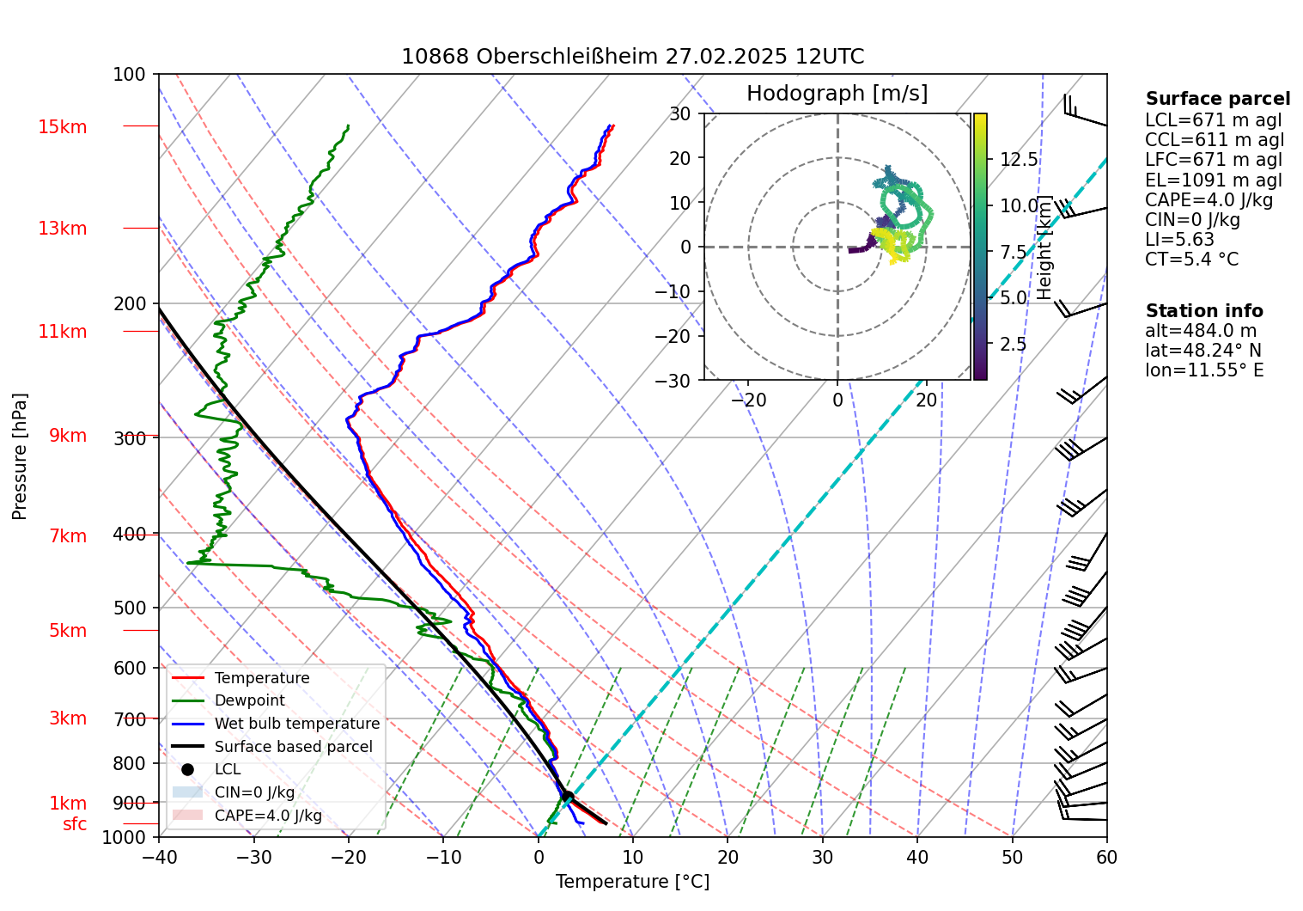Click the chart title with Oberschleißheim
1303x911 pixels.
pyautogui.click(x=632, y=57)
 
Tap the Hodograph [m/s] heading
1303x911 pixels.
pyautogui.click(x=837, y=93)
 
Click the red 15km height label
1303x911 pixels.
pyautogui.click(x=63, y=127)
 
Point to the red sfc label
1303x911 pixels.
pyautogui.click(x=75, y=824)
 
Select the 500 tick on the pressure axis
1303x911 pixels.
pyautogui.click(x=131, y=608)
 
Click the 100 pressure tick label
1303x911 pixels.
pyautogui.click(x=129, y=75)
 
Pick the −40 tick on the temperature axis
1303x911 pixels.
pyautogui.click(x=158, y=857)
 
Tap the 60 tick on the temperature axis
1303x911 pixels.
pyautogui.click(x=1106, y=857)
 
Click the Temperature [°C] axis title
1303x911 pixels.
pyautogui.click(x=632, y=882)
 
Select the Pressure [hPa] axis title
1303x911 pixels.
pyautogui.click(x=20, y=456)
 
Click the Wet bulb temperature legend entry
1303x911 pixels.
pyautogui.click(x=296, y=724)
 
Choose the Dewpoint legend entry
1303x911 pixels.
pyautogui.click(x=249, y=700)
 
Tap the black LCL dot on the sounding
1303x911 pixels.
pyautogui.click(x=567, y=796)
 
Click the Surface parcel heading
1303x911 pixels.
pyautogui.click(x=1217, y=99)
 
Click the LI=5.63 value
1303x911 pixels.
pyautogui.click(x=1179, y=240)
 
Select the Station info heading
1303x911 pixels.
pyautogui.click(x=1203, y=311)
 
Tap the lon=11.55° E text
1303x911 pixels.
pyautogui.click(x=1203, y=370)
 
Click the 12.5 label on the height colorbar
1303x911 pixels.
pyautogui.click(x=1019, y=160)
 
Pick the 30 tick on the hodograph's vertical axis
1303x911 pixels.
pyautogui.click(x=680, y=114)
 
